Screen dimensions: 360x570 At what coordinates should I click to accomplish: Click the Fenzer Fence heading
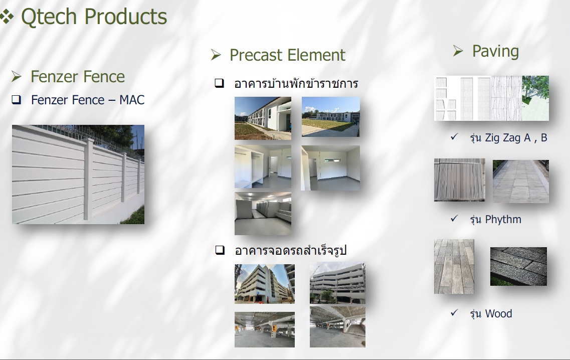78,77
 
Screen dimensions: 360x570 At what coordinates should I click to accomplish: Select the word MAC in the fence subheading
132,100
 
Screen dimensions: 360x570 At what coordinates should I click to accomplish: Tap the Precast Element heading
287,55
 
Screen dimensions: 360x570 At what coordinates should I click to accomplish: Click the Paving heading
495,51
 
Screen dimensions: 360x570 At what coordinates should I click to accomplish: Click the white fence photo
78,174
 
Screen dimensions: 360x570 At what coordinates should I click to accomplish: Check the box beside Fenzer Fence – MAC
17,100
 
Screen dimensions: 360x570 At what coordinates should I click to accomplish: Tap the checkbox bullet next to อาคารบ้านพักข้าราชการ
219,83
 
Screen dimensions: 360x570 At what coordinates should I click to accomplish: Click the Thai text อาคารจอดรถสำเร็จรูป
290,250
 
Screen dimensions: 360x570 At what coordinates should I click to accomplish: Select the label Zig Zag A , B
516,138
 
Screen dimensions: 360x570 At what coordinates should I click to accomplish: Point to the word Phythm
503,220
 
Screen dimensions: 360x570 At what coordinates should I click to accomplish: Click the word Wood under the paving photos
498,314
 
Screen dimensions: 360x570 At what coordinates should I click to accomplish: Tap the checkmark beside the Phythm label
454,219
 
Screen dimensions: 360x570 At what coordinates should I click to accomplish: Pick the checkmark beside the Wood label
454,313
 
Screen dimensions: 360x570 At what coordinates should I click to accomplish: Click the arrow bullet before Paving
458,51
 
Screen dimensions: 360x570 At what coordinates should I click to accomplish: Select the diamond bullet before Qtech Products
7,17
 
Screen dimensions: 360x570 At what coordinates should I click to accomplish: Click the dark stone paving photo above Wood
518,266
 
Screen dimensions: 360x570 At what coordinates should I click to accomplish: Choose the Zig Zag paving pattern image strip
491,98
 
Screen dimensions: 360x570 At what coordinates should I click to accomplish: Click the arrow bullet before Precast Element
216,55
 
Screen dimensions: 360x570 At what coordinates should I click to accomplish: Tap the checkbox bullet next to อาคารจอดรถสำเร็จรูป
219,250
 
